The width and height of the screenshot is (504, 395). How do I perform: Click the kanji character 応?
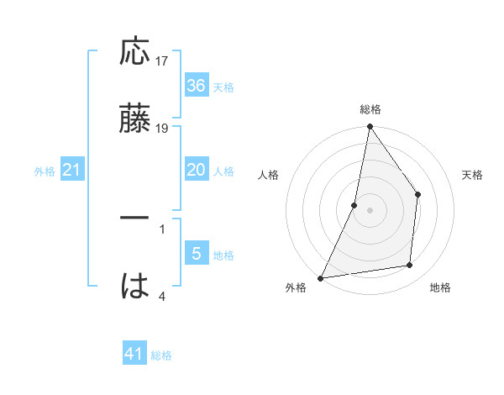click(135, 51)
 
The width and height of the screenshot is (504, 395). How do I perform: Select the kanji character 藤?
click(135, 118)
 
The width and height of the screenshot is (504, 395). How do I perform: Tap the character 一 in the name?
click(135, 218)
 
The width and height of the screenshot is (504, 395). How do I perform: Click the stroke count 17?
click(162, 61)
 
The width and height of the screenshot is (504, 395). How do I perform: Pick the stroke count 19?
click(162, 128)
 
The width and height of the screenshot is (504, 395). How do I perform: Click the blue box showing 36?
click(196, 85)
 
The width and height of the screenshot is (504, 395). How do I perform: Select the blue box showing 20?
click(196, 170)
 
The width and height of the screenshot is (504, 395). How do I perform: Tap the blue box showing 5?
click(196, 253)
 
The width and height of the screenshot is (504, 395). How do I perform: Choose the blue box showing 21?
click(72, 170)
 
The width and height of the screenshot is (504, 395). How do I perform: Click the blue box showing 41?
click(134, 354)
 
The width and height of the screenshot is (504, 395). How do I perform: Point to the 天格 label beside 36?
click(223, 87)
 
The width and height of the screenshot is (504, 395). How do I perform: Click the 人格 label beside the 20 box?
click(223, 171)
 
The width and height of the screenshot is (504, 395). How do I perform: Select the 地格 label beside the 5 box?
click(223, 255)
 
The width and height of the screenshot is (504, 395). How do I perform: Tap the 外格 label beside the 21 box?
click(45, 171)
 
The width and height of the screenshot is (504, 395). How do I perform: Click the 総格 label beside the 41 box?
click(161, 355)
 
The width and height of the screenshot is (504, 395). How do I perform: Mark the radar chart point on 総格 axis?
click(370, 127)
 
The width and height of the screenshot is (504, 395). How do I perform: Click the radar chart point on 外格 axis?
click(320, 277)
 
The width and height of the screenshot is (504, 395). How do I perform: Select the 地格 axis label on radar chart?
click(440, 288)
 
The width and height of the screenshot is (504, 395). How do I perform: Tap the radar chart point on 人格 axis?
click(354, 205)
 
